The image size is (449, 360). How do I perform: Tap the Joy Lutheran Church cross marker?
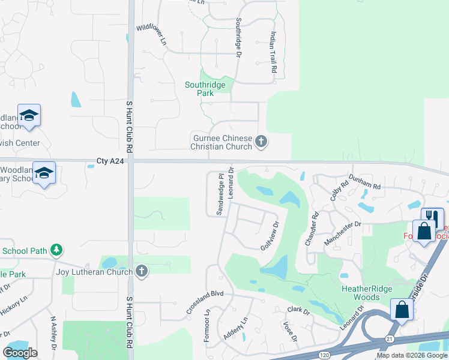pyautogui.click(x=141, y=272)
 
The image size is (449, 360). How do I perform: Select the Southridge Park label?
pyautogui.click(x=205, y=89)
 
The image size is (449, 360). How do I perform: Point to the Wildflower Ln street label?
pyautogui.click(x=151, y=35)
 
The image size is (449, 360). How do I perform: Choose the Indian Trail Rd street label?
pyautogui.click(x=273, y=52)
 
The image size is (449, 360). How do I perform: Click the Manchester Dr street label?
pyautogui.click(x=342, y=232)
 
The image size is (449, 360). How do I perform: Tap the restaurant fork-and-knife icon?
pyautogui.click(x=432, y=217)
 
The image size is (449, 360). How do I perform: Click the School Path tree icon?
pyautogui.click(x=56, y=250)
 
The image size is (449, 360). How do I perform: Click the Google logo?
pyautogui.click(x=20, y=353)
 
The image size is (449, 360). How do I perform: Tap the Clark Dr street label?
pyautogui.click(x=298, y=310)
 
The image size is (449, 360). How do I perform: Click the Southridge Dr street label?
pyautogui.click(x=238, y=37)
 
